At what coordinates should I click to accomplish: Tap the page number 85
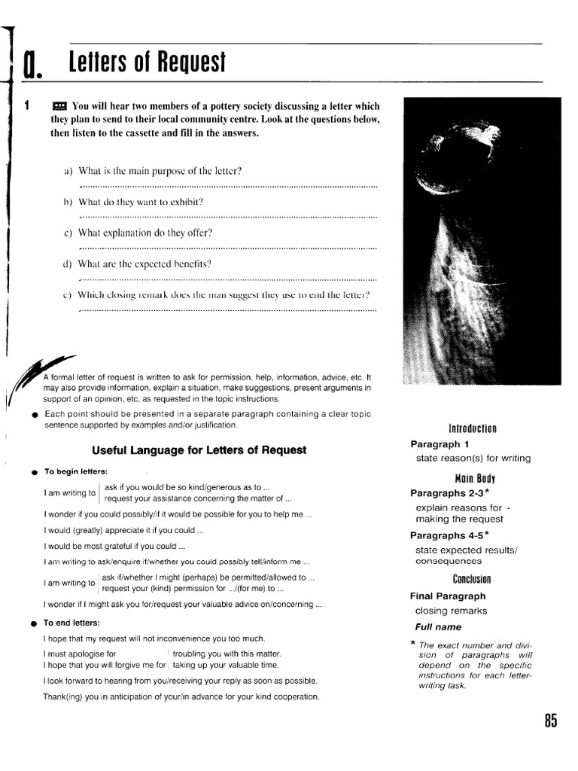[x=551, y=721]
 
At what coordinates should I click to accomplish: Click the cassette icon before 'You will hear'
[x=60, y=106]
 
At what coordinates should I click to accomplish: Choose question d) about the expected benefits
[x=148, y=264]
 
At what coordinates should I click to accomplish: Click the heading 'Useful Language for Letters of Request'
[x=199, y=450]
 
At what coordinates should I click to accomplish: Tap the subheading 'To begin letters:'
[x=75, y=471]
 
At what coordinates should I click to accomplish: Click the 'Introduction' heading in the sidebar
[x=472, y=428]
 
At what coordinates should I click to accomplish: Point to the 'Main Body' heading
[x=475, y=478]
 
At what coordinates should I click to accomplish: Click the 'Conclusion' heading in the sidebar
[x=472, y=579]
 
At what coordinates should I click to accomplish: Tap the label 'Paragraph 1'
[x=440, y=444]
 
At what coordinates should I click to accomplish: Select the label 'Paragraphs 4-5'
[x=449, y=535]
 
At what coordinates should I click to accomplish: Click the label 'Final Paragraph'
[x=448, y=596]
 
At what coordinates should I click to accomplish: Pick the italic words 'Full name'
[x=438, y=626]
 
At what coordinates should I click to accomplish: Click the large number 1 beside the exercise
[x=26, y=106]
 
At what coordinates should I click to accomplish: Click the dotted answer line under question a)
[x=227, y=185]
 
